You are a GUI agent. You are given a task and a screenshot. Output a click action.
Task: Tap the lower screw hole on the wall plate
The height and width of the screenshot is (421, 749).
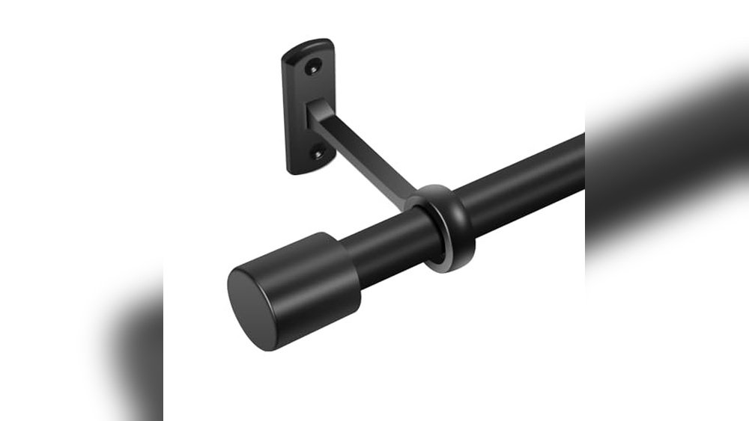pos(319,155)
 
